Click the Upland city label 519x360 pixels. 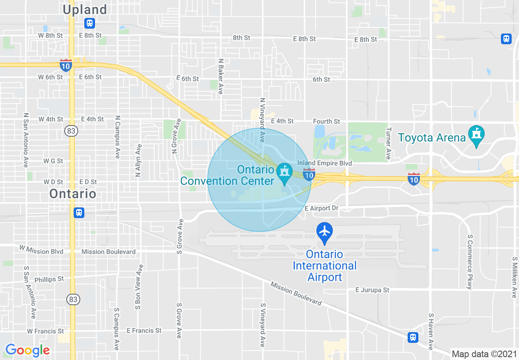[x=86, y=9]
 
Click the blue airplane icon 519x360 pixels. [x=325, y=231]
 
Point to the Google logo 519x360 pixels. [x=27, y=350]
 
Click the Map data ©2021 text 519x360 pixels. [x=484, y=354]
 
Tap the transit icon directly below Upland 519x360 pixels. [x=90, y=23]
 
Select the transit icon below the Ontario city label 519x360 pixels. [x=79, y=213]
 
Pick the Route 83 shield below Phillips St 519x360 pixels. [x=72, y=299]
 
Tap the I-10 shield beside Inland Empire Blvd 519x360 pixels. [x=309, y=175]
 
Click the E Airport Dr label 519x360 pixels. [x=322, y=208]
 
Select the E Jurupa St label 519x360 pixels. [x=372, y=290]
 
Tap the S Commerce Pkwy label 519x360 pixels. [x=470, y=262]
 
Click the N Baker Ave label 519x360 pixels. [x=221, y=76]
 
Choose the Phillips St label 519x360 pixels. [x=49, y=279]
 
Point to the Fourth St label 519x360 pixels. [x=326, y=122]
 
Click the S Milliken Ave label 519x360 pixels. [x=514, y=277]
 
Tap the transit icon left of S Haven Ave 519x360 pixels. [x=413, y=337]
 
